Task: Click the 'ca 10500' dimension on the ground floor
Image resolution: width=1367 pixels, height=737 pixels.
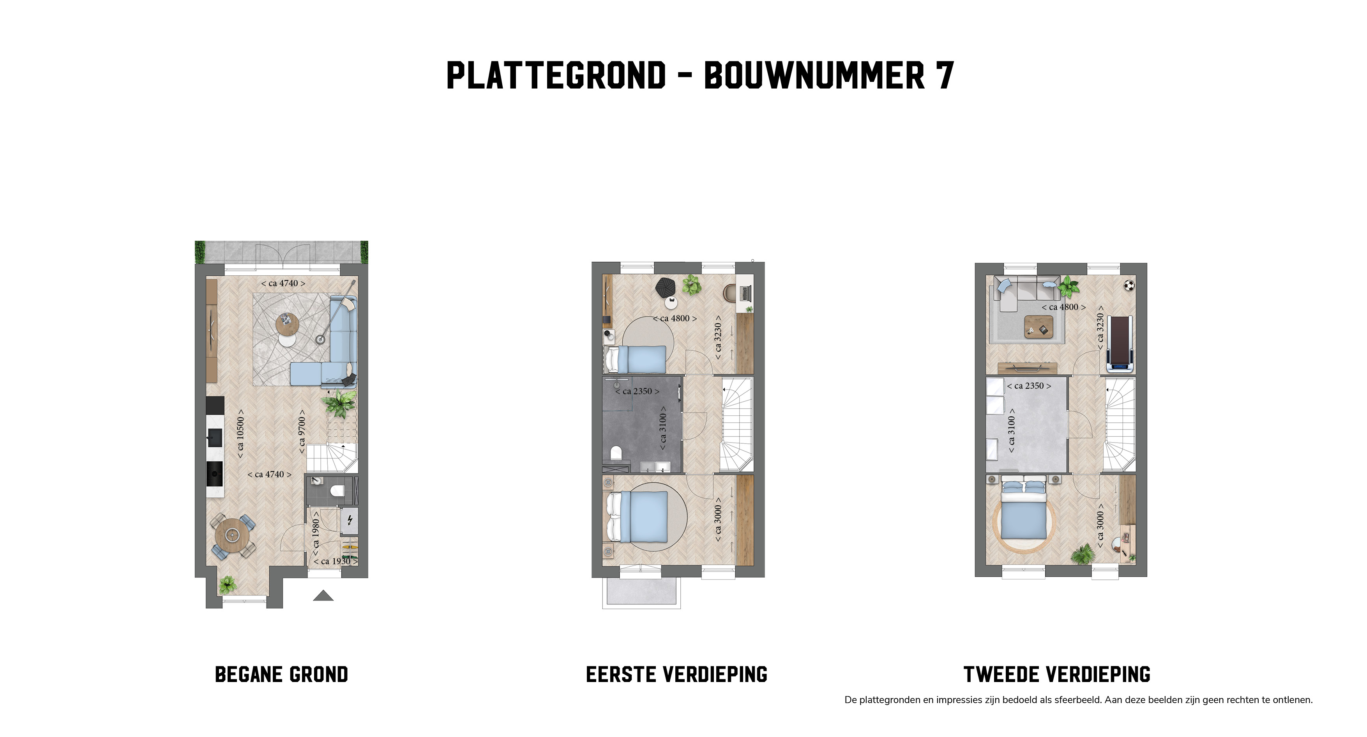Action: coord(240,434)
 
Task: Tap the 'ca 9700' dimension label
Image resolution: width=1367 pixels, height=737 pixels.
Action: coord(302,432)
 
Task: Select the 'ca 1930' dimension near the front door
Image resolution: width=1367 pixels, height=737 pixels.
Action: coord(336,561)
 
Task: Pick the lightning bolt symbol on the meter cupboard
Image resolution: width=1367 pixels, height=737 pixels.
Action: coord(350,520)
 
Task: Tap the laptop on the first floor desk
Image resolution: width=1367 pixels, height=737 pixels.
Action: coord(745,292)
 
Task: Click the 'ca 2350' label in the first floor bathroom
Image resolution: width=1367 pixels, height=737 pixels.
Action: coord(638,392)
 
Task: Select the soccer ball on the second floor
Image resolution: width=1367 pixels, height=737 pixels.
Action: coord(1129,286)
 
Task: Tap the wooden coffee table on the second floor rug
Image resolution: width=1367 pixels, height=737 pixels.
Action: coord(1038,326)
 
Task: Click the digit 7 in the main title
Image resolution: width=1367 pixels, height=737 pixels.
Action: coord(945,75)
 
